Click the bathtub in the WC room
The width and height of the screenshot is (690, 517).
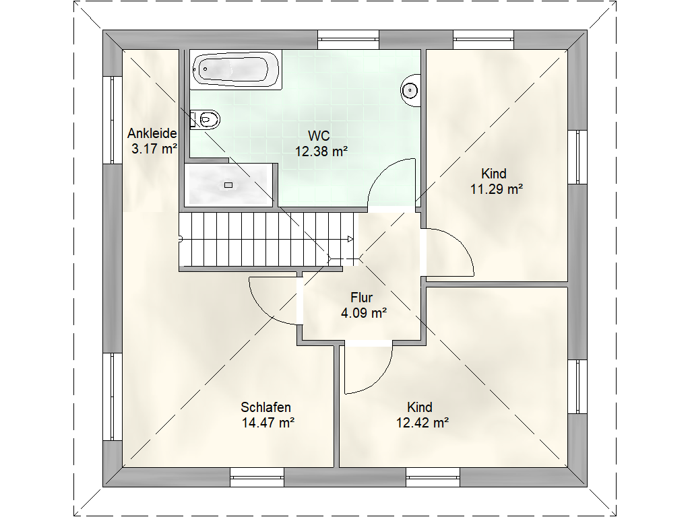point(237,70)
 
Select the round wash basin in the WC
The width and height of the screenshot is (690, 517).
point(410,90)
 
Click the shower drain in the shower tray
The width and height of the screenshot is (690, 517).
point(228,185)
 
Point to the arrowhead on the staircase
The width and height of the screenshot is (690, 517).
point(350,239)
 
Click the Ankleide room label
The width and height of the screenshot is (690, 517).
point(152,133)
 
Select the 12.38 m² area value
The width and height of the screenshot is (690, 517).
point(321,151)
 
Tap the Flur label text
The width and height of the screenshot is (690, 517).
point(362,297)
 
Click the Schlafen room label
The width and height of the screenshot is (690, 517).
point(265,407)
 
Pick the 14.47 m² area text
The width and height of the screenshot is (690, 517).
point(268,423)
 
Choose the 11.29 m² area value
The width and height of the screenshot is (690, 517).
point(497,189)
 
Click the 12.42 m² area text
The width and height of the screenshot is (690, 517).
point(422,423)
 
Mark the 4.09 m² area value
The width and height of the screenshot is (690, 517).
point(364,313)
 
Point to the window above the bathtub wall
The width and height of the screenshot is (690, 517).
point(348,40)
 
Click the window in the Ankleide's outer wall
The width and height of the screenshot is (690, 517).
point(113,120)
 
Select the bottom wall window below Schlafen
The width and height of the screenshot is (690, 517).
point(257,477)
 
